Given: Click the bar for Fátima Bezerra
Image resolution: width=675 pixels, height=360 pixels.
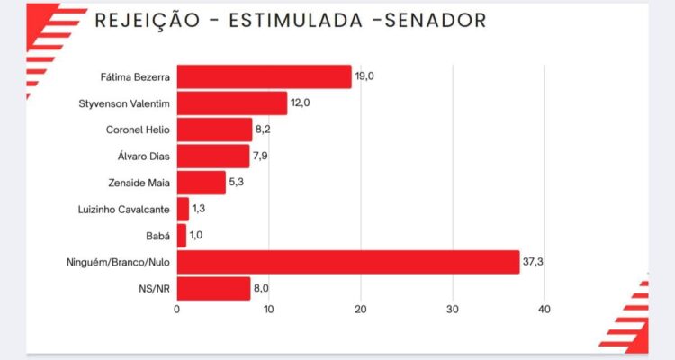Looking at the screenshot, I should click(264, 76).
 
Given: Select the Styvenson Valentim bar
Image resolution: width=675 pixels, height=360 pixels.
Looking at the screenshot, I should click(231, 103).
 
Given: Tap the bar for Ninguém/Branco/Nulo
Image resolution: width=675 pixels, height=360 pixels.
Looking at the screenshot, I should click(347, 262).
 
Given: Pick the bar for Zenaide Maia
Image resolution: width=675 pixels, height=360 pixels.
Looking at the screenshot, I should click(201, 183).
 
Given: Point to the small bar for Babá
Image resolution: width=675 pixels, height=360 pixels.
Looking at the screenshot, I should click(181, 236).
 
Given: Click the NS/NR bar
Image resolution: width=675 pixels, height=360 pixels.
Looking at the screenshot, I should click(213, 288).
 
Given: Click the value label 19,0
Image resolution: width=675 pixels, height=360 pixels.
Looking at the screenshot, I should click(364, 76).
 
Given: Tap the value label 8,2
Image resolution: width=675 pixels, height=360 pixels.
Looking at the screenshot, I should click(265, 130).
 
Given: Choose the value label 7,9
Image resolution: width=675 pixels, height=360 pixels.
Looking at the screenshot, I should click(262, 157).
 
